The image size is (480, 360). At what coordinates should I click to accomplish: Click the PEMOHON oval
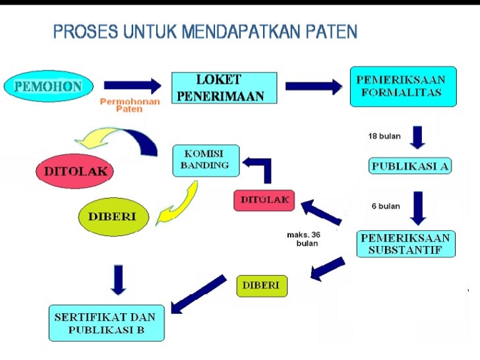tap(48, 86)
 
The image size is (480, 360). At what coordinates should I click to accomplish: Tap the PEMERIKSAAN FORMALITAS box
tap(402, 86)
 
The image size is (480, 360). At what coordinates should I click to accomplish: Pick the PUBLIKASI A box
tap(409, 165)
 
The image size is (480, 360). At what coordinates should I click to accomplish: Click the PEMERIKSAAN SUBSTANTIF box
tap(405, 244)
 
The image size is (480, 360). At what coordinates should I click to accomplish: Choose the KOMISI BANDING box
tap(205, 160)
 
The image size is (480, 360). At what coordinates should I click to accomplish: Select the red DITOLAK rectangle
tap(264, 200)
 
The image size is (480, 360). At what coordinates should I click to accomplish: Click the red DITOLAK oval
tap(75, 171)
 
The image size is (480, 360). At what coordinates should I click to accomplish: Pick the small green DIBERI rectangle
tap(262, 285)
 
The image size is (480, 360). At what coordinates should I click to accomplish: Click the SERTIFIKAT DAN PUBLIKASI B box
tap(106, 322)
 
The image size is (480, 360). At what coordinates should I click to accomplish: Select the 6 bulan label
tap(386, 206)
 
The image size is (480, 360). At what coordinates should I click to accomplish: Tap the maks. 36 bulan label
tap(304, 239)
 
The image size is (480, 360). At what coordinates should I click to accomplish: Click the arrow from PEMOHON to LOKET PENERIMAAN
tap(132, 86)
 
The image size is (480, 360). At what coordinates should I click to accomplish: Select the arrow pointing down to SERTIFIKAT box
tap(118, 280)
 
